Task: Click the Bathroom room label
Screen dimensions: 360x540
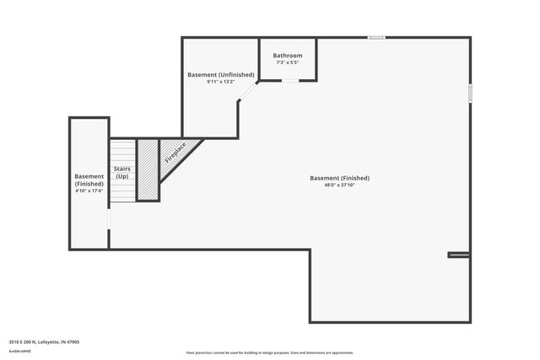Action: pos(288,56)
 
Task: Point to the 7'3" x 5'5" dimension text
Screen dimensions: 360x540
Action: pos(288,62)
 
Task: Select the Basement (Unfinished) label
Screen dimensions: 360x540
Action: pos(220,75)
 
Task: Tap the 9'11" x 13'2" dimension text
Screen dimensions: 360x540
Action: pos(220,82)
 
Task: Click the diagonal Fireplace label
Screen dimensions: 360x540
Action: pos(175,153)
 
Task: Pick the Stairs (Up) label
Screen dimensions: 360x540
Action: pos(122,173)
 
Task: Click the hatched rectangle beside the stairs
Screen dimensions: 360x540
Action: pos(148,169)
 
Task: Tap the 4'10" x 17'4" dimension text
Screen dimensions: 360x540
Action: pos(89,191)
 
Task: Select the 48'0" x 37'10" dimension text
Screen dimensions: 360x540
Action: pos(339,185)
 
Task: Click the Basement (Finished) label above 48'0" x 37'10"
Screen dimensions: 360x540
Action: pos(339,178)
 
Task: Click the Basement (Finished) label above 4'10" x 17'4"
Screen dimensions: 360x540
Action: pos(89,180)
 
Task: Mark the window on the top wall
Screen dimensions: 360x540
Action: pos(376,37)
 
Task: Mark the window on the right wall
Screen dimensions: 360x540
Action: pos(470,93)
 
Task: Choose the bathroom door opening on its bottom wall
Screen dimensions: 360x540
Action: pos(289,81)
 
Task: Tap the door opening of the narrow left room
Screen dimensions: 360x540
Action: pos(109,218)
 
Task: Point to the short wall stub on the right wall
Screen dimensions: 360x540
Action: pos(458,254)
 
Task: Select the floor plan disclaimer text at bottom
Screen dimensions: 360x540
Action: pos(269,352)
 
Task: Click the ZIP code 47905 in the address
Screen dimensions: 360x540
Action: pos(73,341)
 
